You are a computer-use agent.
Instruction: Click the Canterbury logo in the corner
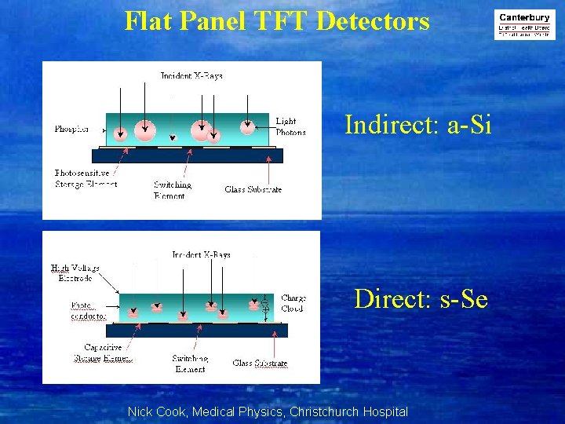coord(525,24)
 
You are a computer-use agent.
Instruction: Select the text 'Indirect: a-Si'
coord(418,125)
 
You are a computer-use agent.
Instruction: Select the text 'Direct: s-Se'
coord(421,299)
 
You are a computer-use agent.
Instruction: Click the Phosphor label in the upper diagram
coord(71,129)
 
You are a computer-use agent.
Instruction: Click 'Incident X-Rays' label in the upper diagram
coord(191,76)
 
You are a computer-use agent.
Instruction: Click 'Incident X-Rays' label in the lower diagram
coord(202,254)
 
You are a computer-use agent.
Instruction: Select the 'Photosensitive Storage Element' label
coord(86,178)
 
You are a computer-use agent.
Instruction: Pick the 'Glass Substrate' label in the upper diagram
coord(253,189)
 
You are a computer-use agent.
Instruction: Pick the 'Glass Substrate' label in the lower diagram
coord(260,363)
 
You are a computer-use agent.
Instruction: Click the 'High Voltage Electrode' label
coord(75,272)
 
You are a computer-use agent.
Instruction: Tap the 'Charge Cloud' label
coord(293,303)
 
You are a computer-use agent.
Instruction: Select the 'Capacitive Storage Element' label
coord(108,353)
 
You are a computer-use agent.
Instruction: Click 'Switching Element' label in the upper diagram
coord(173,190)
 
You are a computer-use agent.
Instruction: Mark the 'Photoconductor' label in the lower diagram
coord(88,311)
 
